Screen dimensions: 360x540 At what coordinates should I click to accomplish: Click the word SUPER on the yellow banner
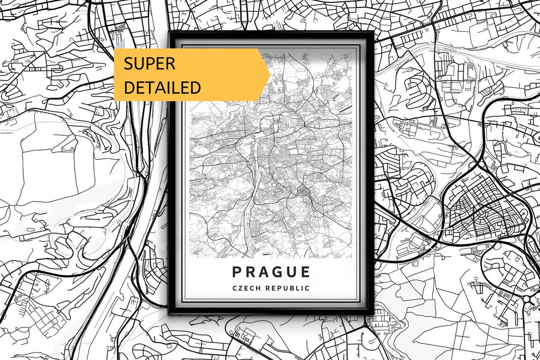point(150,63)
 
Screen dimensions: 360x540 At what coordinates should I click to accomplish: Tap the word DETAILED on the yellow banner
point(162,88)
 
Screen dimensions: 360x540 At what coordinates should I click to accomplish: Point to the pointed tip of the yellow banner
point(270,75)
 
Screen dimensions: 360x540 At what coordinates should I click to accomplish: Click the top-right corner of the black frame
point(373,32)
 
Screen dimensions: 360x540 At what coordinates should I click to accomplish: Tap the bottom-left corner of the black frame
point(169,313)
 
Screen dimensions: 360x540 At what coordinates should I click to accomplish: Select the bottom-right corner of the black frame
point(373,313)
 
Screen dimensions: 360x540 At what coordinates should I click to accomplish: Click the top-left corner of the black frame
point(169,32)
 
